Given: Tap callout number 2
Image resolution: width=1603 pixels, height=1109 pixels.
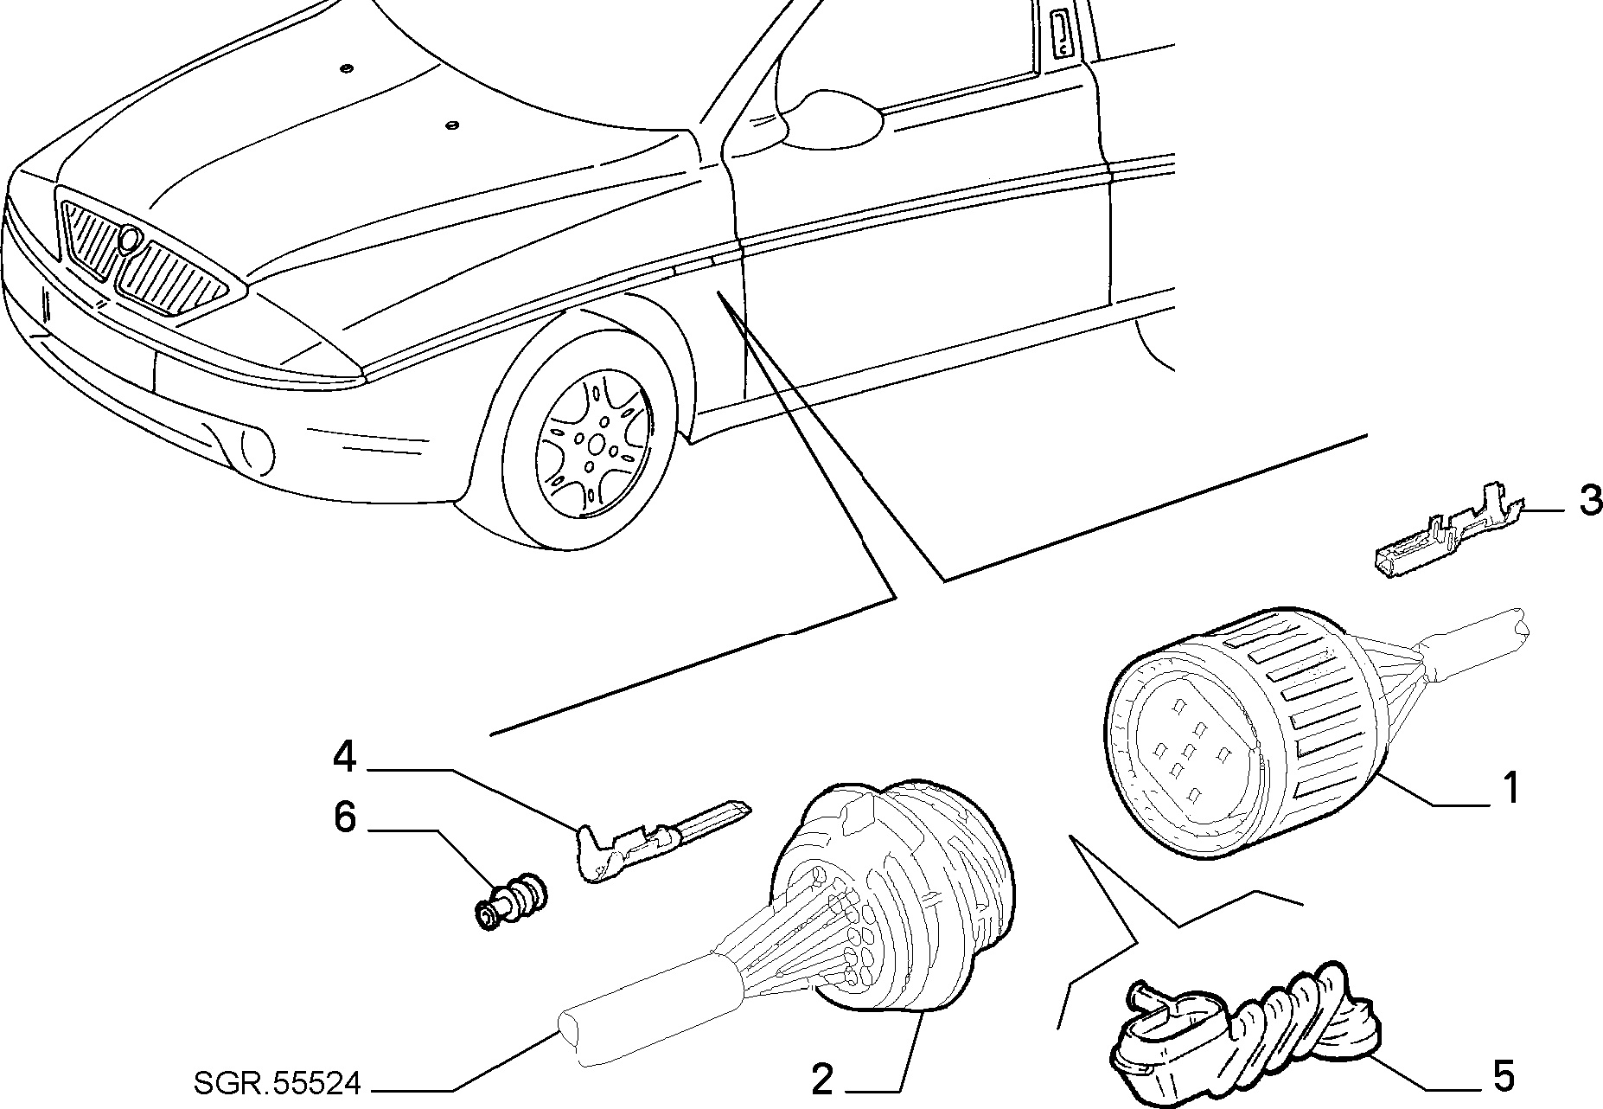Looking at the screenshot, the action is (822, 1079).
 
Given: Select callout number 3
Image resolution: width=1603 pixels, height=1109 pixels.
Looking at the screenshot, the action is (1590, 501).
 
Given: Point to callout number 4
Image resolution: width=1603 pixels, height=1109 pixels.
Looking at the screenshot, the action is (345, 756).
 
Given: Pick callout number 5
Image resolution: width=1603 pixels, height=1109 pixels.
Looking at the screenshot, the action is (1504, 1076).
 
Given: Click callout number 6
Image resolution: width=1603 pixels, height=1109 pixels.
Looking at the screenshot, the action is (345, 817).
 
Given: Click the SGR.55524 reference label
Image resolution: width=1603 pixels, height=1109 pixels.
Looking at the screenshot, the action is (276, 1082).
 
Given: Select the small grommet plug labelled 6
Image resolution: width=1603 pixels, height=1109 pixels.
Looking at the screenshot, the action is (512, 901).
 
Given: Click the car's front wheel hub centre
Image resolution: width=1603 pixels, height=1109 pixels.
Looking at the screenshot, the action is (596, 445).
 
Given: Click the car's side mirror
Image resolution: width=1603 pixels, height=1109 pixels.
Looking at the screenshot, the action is (830, 117).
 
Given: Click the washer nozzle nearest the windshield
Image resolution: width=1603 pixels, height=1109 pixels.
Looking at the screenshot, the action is (450, 126).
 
